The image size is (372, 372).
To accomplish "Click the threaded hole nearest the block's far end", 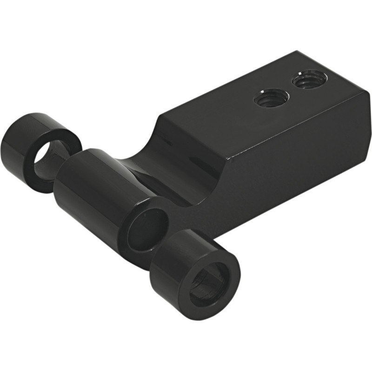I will click(x=309, y=80).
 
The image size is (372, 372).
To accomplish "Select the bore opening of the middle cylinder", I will click(x=148, y=228).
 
